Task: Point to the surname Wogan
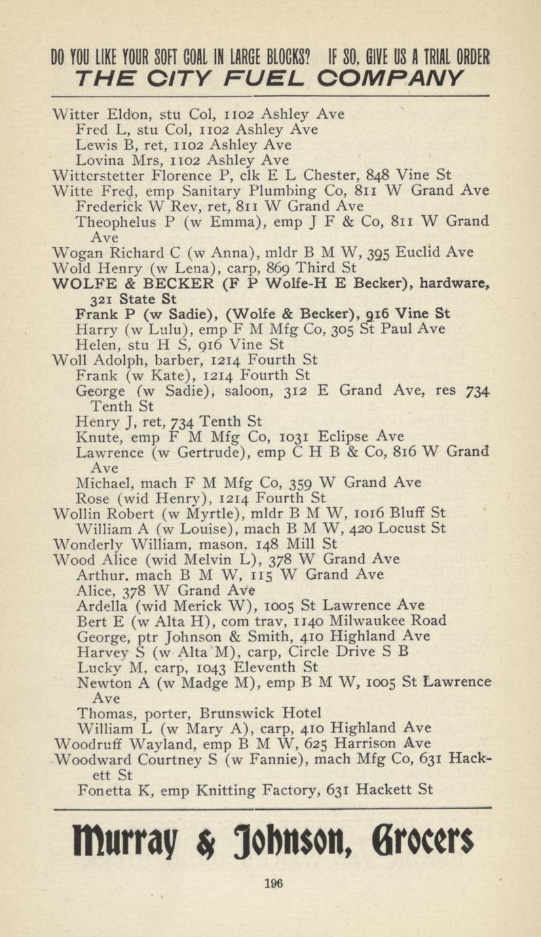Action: tap(75, 253)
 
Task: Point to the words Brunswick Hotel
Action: tap(260, 713)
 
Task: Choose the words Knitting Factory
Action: tap(258, 790)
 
